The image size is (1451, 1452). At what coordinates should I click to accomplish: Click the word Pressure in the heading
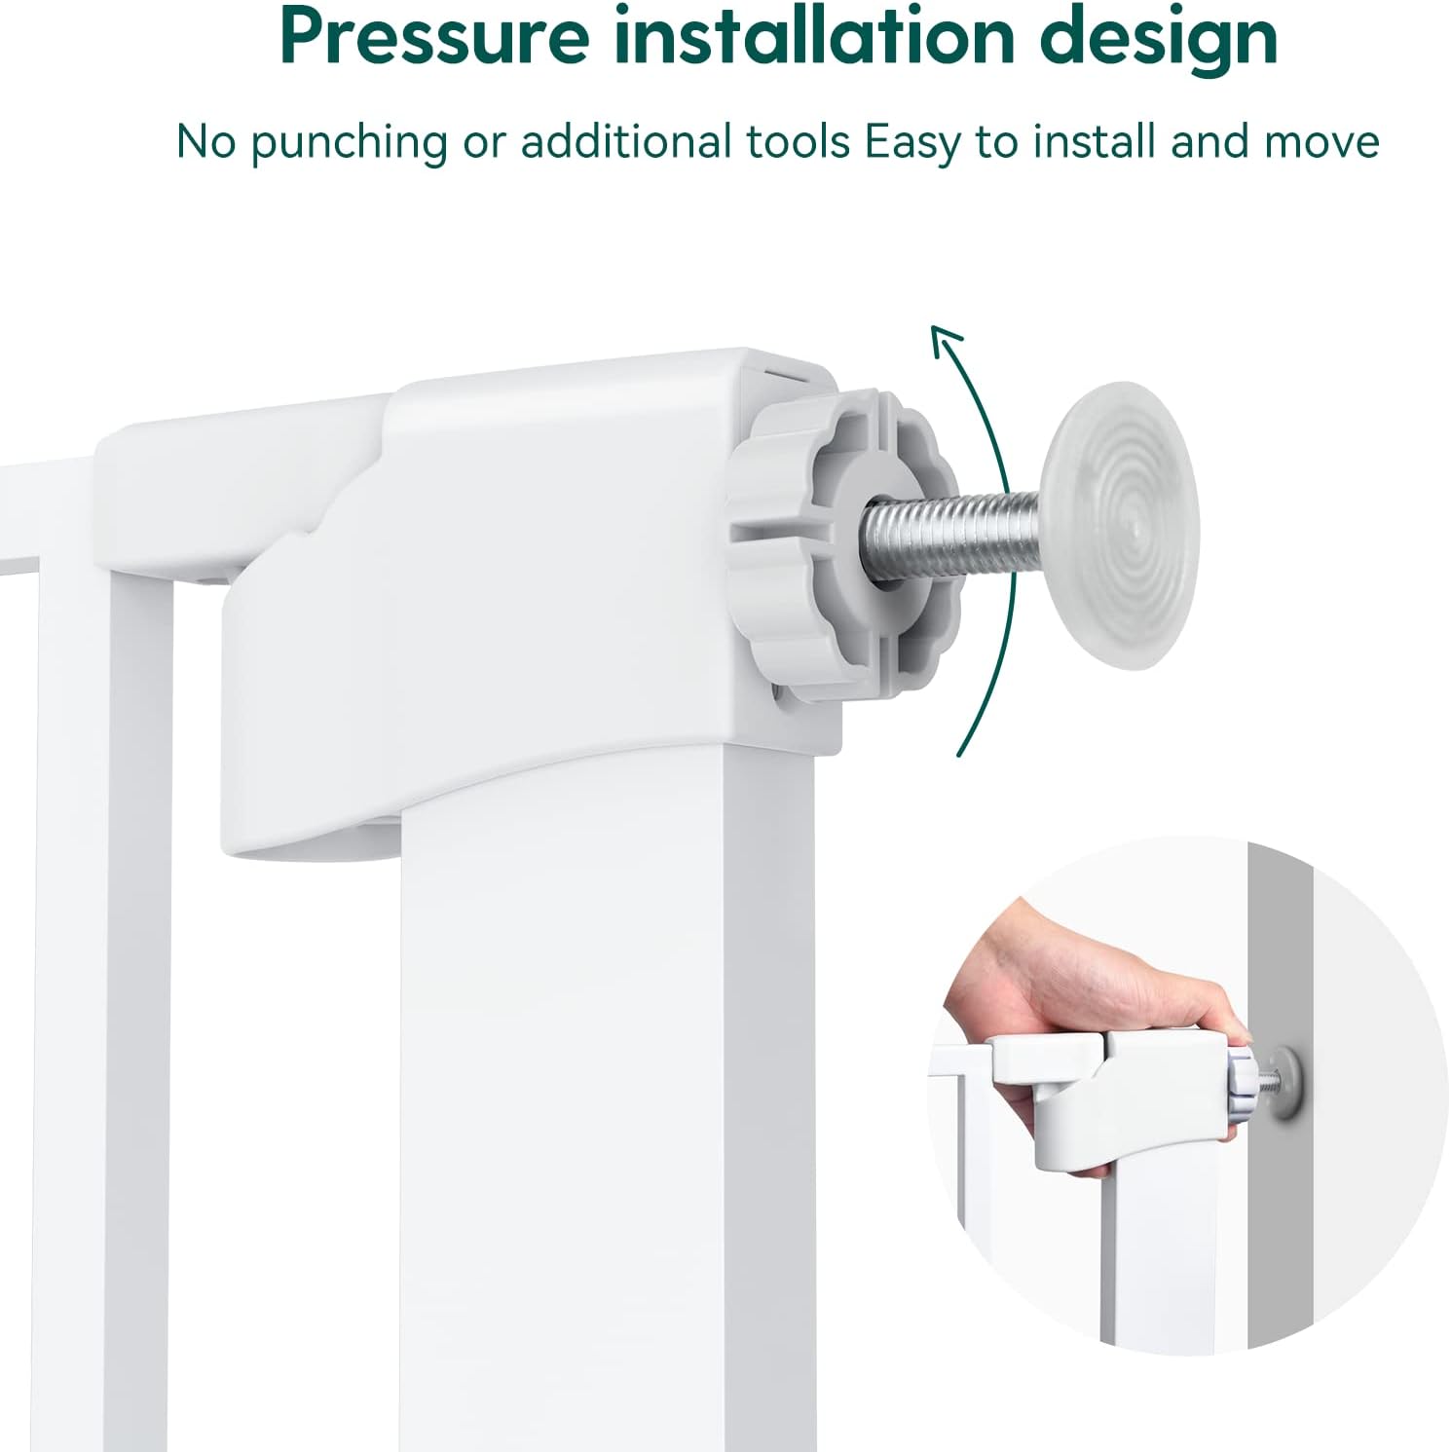(x=433, y=37)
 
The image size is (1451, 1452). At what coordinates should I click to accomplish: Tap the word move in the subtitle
(x=1321, y=142)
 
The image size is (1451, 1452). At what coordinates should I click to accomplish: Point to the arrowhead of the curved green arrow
(x=947, y=343)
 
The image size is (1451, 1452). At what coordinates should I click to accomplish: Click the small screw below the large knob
(x=779, y=693)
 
